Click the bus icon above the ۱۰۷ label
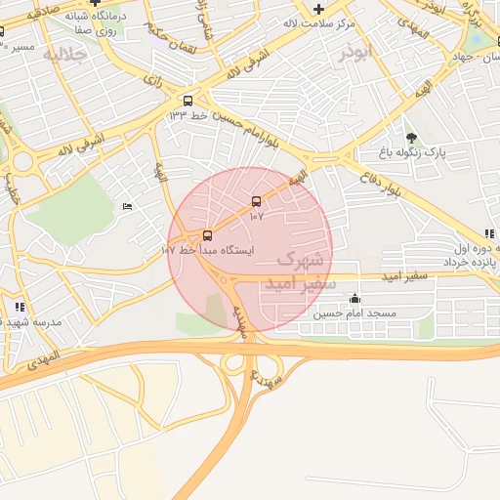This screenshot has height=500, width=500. click(x=257, y=201)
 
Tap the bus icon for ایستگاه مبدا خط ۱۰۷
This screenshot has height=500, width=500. click(x=206, y=235)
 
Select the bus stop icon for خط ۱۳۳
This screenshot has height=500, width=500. click(x=187, y=101)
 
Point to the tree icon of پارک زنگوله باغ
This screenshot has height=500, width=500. click(x=411, y=138)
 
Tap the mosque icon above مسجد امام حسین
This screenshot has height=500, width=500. click(x=354, y=299)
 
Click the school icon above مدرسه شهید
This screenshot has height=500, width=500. click(x=20, y=307)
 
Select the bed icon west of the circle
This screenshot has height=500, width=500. click(x=127, y=206)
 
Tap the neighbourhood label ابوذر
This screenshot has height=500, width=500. click(x=356, y=54)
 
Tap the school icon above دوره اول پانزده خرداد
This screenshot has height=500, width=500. click(x=489, y=234)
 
